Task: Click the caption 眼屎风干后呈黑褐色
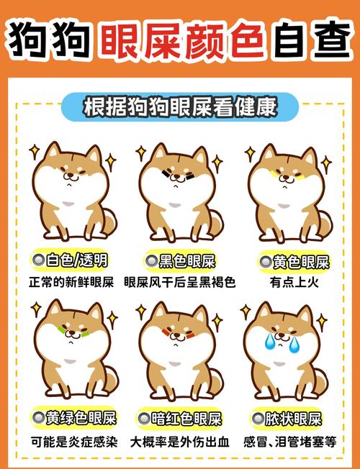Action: (180, 282)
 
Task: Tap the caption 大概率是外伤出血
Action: (180, 441)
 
